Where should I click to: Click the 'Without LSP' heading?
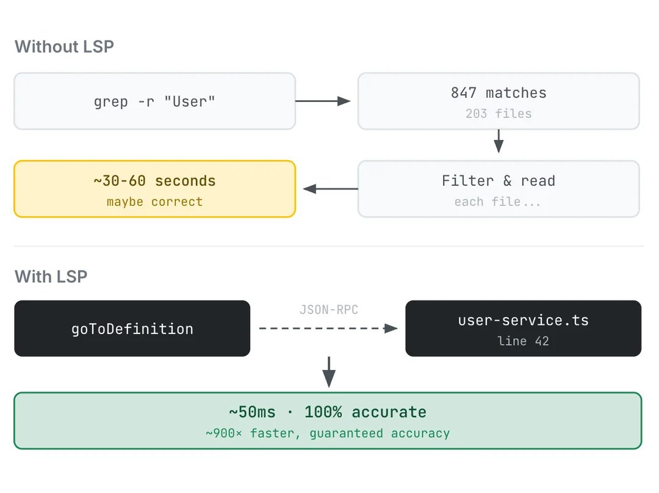64,46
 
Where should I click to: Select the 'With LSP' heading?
51,276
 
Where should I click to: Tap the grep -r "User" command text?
154,101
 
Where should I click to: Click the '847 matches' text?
499,93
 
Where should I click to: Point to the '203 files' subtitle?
499,114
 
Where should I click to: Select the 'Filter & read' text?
499,181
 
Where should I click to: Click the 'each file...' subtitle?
498,202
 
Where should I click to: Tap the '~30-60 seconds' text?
154,181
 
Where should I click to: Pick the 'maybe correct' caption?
154,202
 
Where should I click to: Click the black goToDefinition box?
132,329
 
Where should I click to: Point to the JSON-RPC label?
328,310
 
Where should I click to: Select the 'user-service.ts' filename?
523,320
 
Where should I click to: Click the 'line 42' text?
523,341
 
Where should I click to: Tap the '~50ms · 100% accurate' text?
328,412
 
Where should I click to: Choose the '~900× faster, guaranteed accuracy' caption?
328,433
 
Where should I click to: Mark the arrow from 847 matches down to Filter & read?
499,141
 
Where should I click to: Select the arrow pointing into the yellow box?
330,189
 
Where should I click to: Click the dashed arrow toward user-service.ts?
328,329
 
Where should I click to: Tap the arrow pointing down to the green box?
329,371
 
